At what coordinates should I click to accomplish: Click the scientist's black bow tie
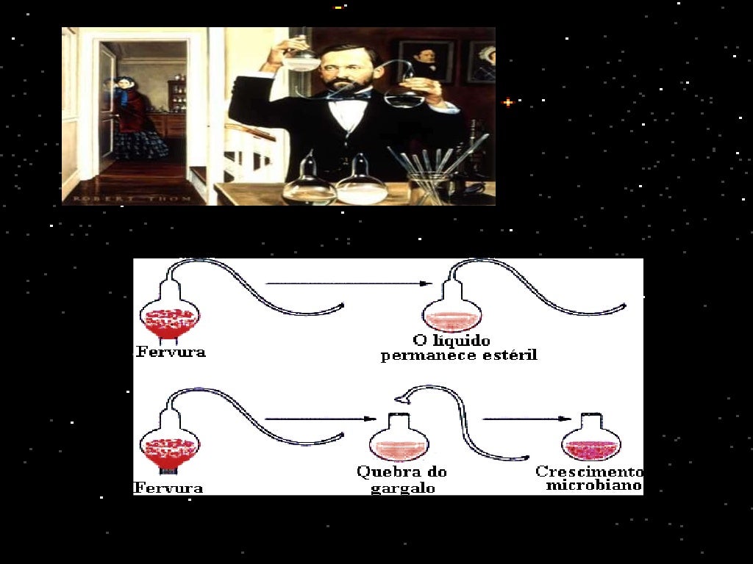[x=349, y=95]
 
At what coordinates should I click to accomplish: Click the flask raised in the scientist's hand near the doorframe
[x=301, y=56]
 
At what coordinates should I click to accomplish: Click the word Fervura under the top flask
[x=171, y=352]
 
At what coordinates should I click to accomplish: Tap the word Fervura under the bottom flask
[x=168, y=488]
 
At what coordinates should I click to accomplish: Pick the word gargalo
[x=403, y=488]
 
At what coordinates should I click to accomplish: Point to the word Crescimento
[x=589, y=471]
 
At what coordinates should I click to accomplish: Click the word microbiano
[x=594, y=485]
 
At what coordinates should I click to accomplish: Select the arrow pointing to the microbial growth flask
[x=527, y=419]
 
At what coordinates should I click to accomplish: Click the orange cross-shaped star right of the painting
[x=508, y=101]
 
